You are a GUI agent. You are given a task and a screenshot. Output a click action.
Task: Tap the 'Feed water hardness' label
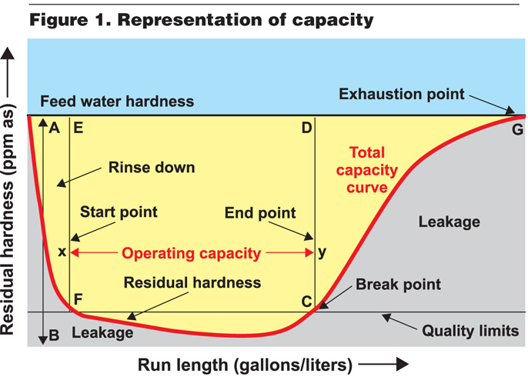click(x=117, y=102)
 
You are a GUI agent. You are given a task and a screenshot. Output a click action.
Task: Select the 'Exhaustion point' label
click(x=402, y=95)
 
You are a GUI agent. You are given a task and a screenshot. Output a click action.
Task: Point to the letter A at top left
click(x=54, y=128)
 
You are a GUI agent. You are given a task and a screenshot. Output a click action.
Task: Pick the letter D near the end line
click(x=306, y=128)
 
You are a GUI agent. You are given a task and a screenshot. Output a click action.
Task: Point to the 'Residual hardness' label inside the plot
click(x=192, y=282)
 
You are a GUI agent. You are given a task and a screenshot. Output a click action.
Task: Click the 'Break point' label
click(x=398, y=285)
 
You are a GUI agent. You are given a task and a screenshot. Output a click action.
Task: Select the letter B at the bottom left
click(x=54, y=333)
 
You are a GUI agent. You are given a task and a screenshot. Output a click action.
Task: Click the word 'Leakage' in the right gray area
click(x=449, y=222)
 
